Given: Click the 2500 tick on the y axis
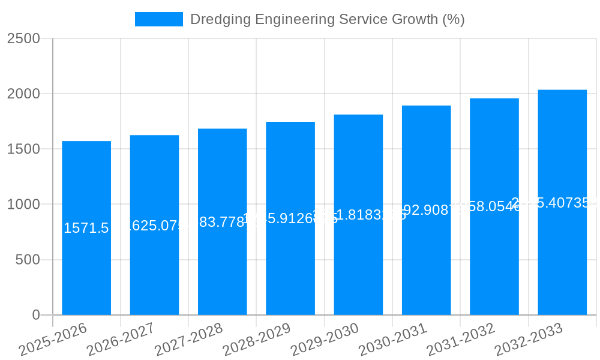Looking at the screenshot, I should click(x=23, y=38).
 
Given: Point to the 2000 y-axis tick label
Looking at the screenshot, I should click(x=23, y=94).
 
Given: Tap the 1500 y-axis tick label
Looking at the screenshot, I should click(x=23, y=149).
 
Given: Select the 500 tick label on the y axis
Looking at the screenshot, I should click(x=28, y=260).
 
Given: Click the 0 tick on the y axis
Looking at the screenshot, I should click(x=35, y=315).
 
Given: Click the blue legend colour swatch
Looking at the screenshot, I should click(x=158, y=19).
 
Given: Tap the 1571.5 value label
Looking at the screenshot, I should click(x=86, y=228).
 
